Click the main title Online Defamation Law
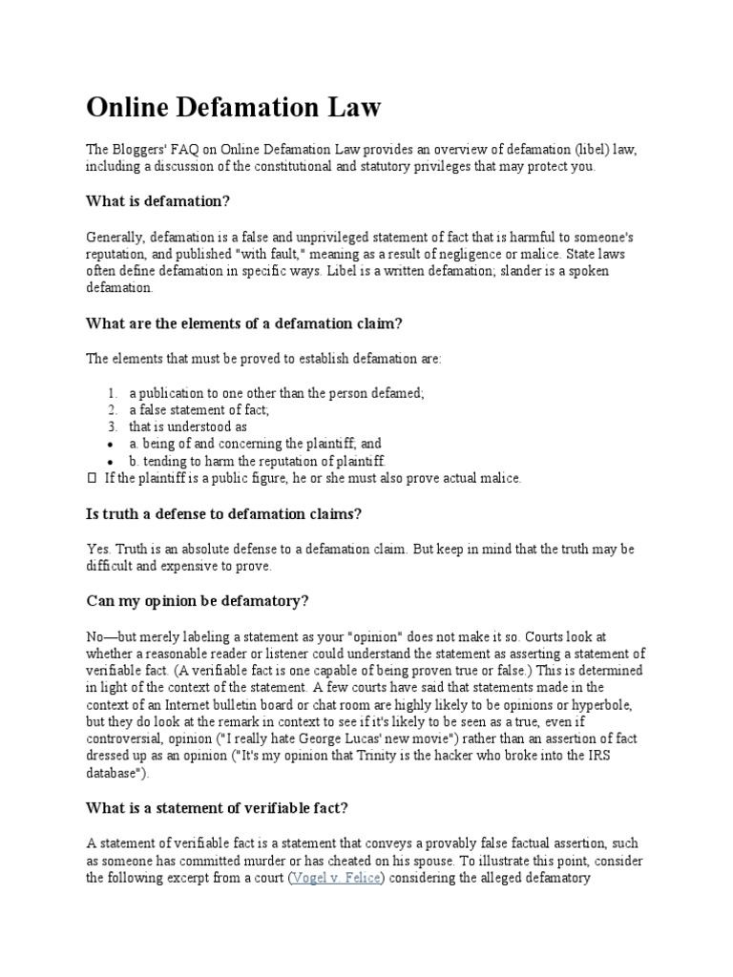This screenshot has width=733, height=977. [x=234, y=108]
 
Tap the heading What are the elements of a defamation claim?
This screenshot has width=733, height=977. [x=244, y=323]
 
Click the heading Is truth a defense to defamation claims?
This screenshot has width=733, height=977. [x=224, y=514]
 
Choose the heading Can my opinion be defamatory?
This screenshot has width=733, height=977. [x=199, y=602]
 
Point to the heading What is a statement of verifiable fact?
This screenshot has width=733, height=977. [x=218, y=808]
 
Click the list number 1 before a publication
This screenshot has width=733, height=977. [x=112, y=393]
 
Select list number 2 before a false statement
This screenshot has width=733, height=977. [x=112, y=410]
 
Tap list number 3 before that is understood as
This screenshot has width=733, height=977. [x=112, y=427]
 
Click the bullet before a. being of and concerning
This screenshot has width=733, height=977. [x=112, y=445]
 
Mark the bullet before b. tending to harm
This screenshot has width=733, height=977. [x=112, y=462]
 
